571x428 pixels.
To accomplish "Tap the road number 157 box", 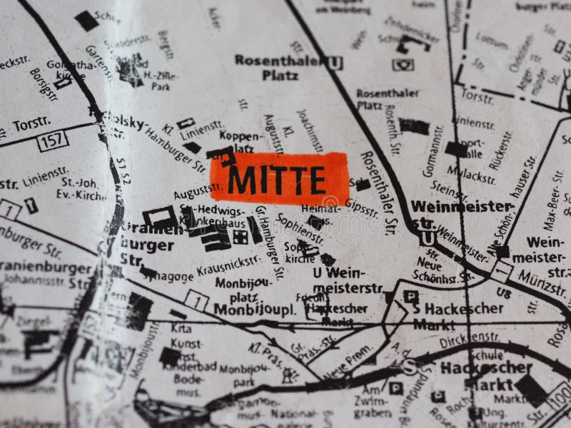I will coord(52,140).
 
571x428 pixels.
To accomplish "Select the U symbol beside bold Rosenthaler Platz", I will coord(335,63).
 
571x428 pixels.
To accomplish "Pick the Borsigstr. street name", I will coord(44,86).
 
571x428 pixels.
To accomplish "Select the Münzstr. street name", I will coord(542,282).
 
